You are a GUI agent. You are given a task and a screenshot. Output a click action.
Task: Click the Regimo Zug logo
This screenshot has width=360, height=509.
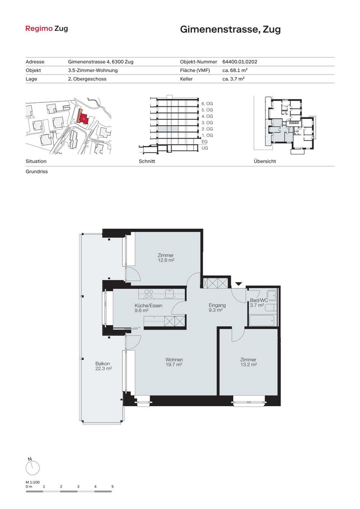47,28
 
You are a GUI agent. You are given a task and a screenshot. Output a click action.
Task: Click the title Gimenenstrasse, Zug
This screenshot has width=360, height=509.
230,29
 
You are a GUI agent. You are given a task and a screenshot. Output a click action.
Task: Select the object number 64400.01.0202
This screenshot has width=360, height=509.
240,62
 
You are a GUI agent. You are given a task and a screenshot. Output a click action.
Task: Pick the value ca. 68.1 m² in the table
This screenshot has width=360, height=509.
235,70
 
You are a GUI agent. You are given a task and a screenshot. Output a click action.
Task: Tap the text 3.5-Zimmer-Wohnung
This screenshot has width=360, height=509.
93,70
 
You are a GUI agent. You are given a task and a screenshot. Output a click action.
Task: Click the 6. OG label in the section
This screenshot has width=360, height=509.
207,103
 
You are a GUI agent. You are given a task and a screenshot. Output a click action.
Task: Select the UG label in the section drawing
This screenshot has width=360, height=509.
205,148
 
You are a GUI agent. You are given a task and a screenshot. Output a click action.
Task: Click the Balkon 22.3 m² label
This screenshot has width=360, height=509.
103,366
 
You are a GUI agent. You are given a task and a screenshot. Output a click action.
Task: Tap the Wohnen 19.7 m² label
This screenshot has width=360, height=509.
174,362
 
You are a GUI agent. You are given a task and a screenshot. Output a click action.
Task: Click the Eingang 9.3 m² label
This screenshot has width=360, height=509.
217,307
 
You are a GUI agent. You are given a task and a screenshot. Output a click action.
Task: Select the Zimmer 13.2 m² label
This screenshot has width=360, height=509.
248,362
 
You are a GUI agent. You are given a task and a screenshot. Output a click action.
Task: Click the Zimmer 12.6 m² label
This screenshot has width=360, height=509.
166,258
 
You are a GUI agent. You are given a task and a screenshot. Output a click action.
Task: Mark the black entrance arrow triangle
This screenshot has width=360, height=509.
239,284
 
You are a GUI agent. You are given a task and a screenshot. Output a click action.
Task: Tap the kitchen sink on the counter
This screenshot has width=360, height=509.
170,294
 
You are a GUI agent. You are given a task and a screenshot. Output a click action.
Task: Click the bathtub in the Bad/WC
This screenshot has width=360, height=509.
262,321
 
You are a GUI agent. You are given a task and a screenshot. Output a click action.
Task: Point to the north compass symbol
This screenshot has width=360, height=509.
32,467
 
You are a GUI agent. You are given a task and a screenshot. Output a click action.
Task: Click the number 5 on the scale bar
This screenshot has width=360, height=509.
113,487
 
